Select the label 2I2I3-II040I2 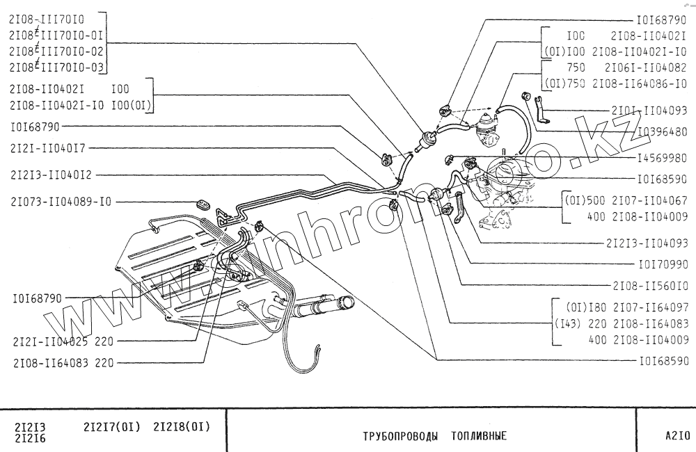tap(52, 174)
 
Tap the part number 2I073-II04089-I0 tap(61, 202)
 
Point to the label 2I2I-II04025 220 tap(63, 341)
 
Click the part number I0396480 tap(661, 131)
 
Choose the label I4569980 tap(661, 156)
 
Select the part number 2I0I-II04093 tap(650, 110)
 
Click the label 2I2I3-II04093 tap(647, 243)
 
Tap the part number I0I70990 tap(663, 264)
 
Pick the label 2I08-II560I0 tap(651, 285)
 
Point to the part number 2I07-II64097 tap(651, 307)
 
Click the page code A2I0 tap(677, 437)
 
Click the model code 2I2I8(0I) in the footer tap(182, 426)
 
